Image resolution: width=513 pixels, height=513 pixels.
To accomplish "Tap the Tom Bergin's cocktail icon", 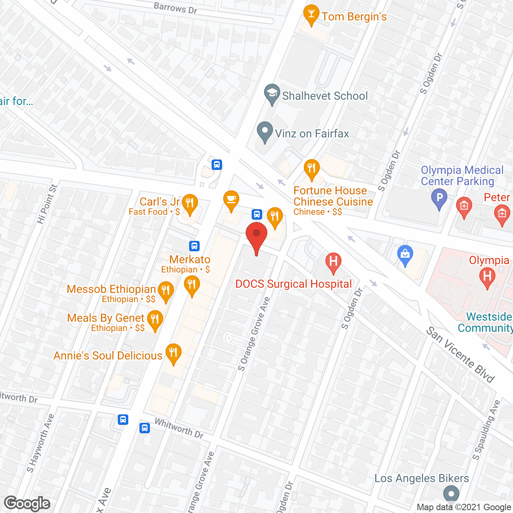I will pos(311,14).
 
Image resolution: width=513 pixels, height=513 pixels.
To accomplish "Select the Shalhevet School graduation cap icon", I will pos(272,94).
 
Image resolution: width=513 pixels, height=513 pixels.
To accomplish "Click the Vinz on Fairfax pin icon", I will pos(265,131).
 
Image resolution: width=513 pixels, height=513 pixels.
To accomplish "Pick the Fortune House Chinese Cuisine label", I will pos(333,196).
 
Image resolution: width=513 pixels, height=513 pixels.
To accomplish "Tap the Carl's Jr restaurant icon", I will pos(190,204).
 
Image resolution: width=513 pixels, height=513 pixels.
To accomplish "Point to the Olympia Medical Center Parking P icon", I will pos(439,198).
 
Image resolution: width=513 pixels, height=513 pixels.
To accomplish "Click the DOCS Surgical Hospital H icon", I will pos(333,262).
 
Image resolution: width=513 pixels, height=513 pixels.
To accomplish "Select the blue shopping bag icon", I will pos(405,254).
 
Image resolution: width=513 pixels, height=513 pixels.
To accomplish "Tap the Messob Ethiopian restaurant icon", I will pos(166,291).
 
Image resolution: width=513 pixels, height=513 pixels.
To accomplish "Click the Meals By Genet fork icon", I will pos(155,320).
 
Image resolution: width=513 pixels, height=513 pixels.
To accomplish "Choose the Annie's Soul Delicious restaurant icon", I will pos(173,353).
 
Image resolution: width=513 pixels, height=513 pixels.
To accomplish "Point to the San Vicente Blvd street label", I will pos(460,355).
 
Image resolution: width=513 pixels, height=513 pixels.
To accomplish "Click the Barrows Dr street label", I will pos(176,8).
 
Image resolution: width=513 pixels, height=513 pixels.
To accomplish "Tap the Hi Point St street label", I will pos(47,204).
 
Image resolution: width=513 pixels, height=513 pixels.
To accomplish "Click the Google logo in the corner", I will pos(27,503).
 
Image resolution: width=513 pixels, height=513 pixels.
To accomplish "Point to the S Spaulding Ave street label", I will pos(486,430).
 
